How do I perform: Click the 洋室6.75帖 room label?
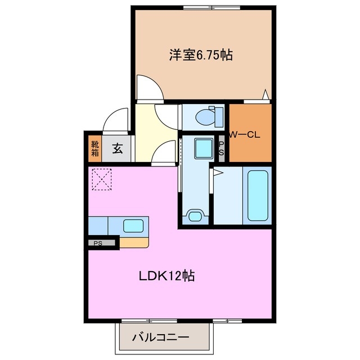(201, 55)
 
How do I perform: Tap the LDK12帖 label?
(167, 276)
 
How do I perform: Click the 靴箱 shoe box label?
(95, 148)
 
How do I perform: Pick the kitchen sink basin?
(133, 226)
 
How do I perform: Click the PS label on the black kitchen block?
(98, 244)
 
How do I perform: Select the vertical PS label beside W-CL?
(221, 148)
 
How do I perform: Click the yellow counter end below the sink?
(136, 242)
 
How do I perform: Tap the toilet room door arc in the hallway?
(167, 115)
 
